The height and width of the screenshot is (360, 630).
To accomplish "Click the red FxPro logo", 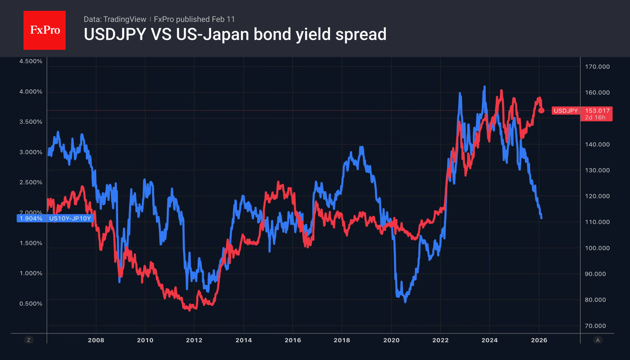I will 45,30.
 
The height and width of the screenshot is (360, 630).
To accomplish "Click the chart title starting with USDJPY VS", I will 235,34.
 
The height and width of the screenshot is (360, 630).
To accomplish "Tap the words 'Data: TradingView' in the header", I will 115,19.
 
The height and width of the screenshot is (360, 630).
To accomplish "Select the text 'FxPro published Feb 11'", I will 194,19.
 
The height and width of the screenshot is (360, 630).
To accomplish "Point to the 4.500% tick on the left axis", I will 31,61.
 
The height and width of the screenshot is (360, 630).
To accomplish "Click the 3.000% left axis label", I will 31,152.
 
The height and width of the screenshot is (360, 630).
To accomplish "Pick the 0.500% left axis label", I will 31,303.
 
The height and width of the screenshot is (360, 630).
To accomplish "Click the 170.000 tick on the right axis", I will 597,67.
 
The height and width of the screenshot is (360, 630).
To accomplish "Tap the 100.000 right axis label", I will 597,248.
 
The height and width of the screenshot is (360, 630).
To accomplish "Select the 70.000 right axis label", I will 595,326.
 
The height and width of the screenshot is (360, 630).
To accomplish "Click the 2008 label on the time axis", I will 96,340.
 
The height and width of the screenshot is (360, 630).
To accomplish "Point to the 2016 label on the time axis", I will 293,340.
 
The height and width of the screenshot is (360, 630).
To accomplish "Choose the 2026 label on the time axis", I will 539,340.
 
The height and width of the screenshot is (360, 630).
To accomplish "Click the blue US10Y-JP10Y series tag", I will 70,219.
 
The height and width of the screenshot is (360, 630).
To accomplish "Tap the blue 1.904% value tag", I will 31,219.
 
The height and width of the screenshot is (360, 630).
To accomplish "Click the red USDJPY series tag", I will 566,111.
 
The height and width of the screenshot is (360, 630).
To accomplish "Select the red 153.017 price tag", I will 597,111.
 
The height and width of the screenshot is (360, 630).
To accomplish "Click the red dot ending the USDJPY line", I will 541,110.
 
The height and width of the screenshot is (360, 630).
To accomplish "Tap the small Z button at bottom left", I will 29,340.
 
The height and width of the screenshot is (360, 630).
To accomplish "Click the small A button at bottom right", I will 598,340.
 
